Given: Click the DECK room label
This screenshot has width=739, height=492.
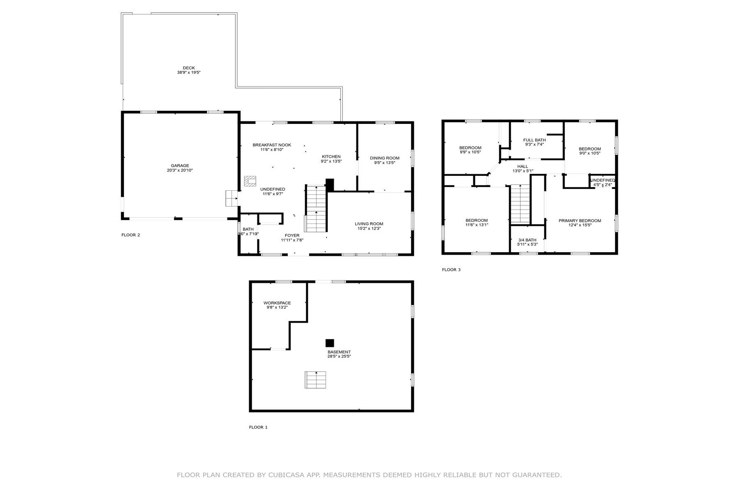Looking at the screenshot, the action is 189,68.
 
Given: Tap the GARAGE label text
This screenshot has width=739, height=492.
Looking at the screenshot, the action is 180,166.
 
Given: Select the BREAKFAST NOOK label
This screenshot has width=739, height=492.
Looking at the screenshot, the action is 272,145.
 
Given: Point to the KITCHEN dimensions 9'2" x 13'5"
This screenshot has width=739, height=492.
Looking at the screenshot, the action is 331,162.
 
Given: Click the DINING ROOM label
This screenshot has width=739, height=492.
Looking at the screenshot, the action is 385,158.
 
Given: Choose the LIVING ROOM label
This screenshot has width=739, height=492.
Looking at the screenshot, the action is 369,224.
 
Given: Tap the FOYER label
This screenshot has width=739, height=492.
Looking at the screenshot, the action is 292,235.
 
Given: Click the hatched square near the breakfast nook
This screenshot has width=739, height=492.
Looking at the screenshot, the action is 250,181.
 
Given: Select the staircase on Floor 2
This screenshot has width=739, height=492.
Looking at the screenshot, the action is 316,209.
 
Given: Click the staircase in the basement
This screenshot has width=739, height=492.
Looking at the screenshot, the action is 315,380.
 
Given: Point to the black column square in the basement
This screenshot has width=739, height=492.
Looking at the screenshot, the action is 330,343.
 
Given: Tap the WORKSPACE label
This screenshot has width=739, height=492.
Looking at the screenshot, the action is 277,303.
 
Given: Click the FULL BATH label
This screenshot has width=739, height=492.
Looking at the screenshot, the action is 535,140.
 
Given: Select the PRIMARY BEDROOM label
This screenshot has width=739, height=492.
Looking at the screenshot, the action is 580,221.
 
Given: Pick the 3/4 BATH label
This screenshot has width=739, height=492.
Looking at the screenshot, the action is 527,240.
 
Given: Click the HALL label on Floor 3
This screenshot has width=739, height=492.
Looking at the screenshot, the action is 523,166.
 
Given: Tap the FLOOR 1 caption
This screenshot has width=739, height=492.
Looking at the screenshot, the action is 258,427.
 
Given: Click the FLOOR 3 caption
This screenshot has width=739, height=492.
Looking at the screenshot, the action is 451,270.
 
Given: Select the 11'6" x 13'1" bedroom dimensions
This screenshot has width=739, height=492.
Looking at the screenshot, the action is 477,225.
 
